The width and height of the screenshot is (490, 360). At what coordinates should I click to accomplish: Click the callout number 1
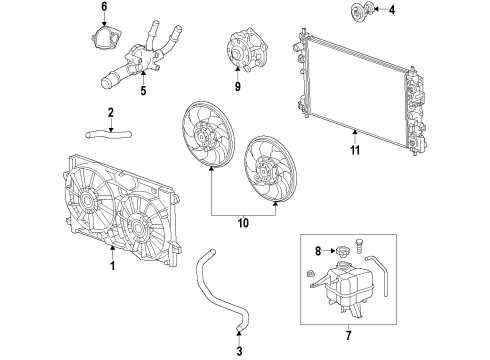tap(113, 266)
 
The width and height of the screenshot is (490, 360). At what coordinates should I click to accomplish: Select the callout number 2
tap(112, 112)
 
